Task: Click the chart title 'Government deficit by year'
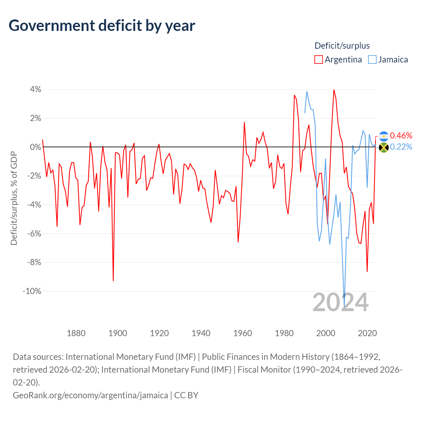(x=102, y=26)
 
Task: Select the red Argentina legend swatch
(x=318, y=60)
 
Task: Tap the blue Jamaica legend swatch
(x=372, y=60)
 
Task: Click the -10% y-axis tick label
(x=32, y=291)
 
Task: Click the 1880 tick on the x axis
(x=76, y=333)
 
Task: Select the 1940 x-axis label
(x=201, y=333)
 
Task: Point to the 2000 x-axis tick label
(x=326, y=333)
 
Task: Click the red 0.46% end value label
(x=401, y=136)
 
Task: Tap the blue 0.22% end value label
(x=401, y=147)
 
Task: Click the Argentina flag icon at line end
(x=384, y=136)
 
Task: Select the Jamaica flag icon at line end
(x=384, y=147)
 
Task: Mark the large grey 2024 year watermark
(x=340, y=302)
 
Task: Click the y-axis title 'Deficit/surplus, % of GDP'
(x=14, y=198)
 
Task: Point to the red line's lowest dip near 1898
(x=113, y=280)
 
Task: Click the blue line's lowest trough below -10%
(x=344, y=306)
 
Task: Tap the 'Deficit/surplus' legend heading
(x=342, y=46)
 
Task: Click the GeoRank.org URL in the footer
(x=90, y=395)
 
